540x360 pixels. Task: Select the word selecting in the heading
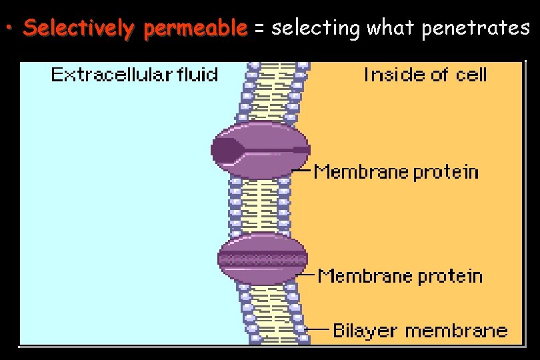[317, 28]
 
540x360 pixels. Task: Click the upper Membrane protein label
[397, 171]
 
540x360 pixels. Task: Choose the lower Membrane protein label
[400, 275]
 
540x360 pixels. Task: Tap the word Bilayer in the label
[365, 330]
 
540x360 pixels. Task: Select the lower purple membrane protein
[263, 258]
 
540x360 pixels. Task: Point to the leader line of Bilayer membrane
[318, 329]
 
